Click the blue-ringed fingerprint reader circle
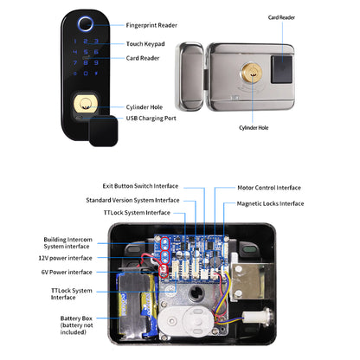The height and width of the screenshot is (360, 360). (86, 23)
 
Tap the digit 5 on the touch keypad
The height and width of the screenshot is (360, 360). (86, 52)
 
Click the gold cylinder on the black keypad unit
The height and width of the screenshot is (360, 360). (86, 103)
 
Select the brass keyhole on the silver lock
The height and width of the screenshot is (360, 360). (253, 74)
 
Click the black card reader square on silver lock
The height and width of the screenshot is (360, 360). (281, 69)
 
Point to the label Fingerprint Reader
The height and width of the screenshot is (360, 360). (151, 25)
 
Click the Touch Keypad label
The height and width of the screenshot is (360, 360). (145, 44)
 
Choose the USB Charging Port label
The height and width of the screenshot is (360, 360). (151, 119)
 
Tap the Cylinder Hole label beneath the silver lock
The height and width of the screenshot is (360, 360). (254, 128)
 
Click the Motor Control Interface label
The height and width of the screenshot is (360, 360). (269, 188)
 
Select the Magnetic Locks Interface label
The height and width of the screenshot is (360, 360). (270, 203)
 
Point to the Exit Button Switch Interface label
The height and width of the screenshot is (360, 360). (140, 186)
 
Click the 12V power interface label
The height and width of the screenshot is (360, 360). (65, 258)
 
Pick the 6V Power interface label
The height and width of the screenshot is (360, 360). (67, 272)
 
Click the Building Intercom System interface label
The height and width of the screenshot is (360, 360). (67, 243)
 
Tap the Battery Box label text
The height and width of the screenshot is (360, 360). (76, 325)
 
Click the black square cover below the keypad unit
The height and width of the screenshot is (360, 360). (103, 131)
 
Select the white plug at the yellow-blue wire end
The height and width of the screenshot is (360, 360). (250, 318)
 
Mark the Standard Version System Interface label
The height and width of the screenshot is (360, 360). (132, 200)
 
